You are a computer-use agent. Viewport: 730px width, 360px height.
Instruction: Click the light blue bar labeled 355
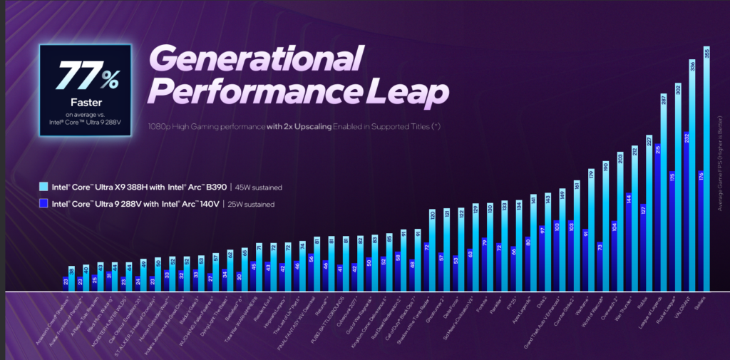[x=706, y=171]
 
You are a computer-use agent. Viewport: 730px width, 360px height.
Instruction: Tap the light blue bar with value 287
[x=663, y=192]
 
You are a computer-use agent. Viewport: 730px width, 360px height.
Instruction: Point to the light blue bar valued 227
[x=649, y=214]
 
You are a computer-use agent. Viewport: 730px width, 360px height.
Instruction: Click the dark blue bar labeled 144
[x=628, y=242]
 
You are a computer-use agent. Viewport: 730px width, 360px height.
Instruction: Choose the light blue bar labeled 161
[x=575, y=235]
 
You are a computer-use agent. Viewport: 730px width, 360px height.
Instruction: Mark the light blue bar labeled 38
[x=71, y=279]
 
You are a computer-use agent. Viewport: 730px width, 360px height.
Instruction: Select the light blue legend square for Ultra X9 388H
[x=44, y=187]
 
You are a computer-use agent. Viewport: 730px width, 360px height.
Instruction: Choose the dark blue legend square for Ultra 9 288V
[x=44, y=205]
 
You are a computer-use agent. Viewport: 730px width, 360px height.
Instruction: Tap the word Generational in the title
[x=257, y=57]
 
